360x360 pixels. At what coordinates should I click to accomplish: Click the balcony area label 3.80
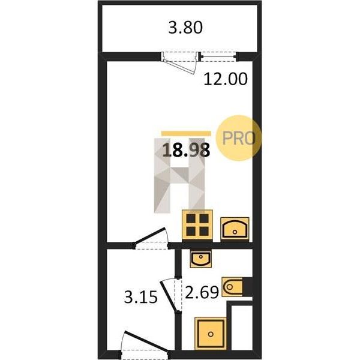coord(185,28)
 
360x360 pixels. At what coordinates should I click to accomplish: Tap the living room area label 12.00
coord(226,79)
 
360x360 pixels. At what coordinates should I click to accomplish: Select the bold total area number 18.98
coord(186,149)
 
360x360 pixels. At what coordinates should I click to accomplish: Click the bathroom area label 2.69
coord(202,292)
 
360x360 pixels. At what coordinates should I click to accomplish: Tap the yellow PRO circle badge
coord(239,138)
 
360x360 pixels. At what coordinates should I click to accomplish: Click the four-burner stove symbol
coord(197,225)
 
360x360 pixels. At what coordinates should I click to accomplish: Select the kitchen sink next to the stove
coord(235,229)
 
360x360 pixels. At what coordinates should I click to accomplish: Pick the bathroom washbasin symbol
coord(200,259)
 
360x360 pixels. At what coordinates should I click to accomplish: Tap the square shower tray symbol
coord(211,334)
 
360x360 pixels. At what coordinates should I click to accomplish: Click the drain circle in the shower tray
coord(211,334)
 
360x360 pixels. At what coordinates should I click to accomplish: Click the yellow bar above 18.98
coord(186,134)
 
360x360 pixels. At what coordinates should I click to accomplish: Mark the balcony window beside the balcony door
coord(218,57)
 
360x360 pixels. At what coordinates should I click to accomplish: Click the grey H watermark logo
coord(179,176)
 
